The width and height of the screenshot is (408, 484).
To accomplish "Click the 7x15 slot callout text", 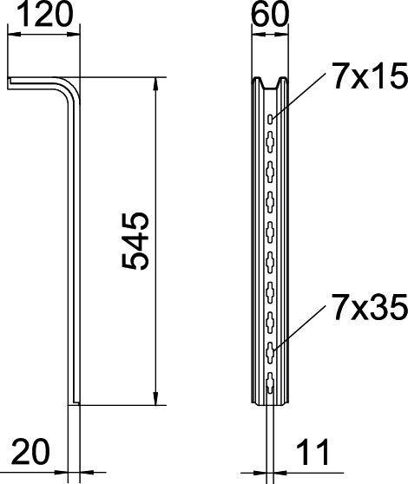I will [369, 79].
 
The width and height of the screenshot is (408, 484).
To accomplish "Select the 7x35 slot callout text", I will [369, 307].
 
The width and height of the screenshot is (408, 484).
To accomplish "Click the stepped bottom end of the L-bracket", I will [76, 401].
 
